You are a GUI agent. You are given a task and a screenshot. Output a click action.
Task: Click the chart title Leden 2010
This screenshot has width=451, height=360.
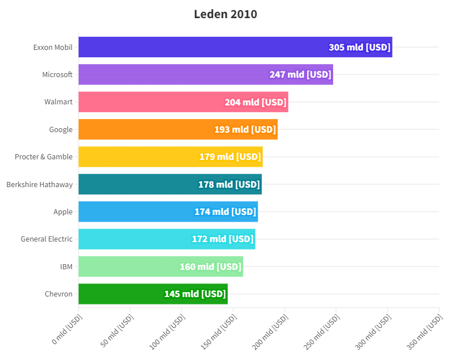pyautogui.click(x=226, y=14)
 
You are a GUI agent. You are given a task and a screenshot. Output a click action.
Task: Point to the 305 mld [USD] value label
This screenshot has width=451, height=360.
pyautogui.click(x=360, y=47)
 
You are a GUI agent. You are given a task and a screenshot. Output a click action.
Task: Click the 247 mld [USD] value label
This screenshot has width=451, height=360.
pyautogui.click(x=300, y=74)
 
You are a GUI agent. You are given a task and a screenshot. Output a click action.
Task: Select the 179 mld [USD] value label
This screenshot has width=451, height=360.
pyautogui.click(x=230, y=156)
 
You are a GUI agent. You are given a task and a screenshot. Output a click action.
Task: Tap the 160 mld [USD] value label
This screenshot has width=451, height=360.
pyautogui.click(x=211, y=266)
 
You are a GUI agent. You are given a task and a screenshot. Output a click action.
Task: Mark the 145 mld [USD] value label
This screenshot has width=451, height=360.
pyautogui.click(x=195, y=294)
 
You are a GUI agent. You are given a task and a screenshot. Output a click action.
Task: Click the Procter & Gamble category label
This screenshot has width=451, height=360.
pyautogui.click(x=44, y=156)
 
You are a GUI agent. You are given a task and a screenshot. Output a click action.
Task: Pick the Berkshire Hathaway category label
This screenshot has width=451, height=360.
pyautogui.click(x=40, y=184)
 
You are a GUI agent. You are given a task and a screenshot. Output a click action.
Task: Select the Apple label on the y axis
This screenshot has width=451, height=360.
pyautogui.click(x=63, y=211)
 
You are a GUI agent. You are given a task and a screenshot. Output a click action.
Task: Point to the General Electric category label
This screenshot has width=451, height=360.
pyautogui.click(x=46, y=239)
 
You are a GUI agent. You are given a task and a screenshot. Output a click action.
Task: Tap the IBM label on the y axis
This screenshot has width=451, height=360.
pyautogui.click(x=66, y=266)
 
